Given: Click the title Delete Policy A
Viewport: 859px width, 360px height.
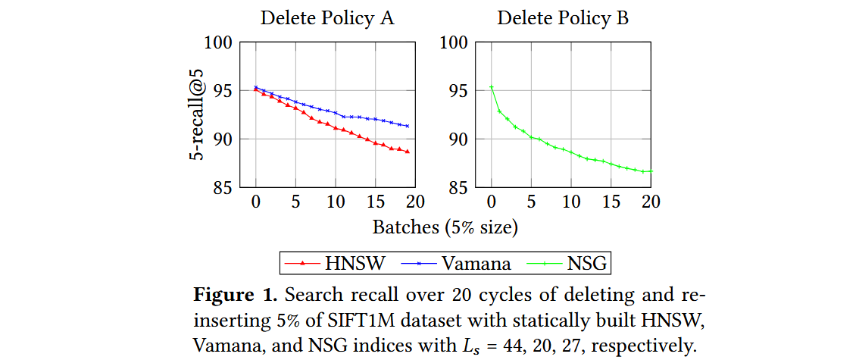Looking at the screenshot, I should coord(327,17).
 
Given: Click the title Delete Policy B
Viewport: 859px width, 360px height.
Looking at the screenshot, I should coord(563,17).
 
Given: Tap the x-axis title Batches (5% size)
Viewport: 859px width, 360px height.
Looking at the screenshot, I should coord(445,227).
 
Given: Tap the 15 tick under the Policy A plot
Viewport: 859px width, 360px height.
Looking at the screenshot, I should coord(375,202).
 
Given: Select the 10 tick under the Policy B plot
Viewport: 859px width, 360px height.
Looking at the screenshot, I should coord(571,202).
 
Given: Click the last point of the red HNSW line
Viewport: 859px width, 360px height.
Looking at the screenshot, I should coord(408,152).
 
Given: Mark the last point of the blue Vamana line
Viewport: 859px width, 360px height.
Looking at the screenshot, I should coord(408,126).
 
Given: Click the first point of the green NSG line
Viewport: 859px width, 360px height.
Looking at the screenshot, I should coord(491,86).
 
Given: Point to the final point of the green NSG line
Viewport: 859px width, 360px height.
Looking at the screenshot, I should coord(651,171).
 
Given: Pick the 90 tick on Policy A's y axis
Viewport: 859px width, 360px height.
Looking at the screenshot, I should coord(224,139).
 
